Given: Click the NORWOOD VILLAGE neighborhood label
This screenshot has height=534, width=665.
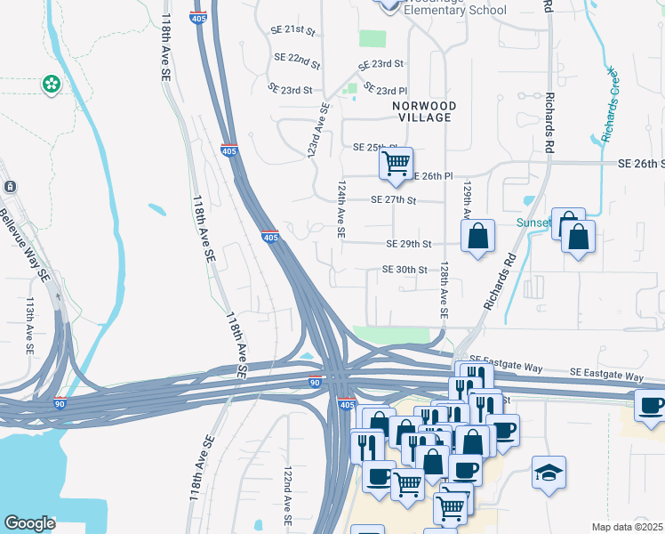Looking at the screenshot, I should pos(425,111).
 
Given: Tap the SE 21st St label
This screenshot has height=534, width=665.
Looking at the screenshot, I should pos(293,30).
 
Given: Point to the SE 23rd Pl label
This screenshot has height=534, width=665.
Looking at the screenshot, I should pos(386,91).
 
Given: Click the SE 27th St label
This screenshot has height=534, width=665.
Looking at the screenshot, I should pos(395,200).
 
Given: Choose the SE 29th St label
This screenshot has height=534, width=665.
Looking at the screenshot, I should pos(409,244).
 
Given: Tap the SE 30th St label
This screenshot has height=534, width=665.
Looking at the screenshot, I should pos(405,269).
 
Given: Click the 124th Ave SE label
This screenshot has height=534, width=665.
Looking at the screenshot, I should pos(341,211).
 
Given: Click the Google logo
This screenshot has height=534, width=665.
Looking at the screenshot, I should pos(29,523).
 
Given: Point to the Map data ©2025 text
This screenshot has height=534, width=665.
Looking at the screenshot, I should pos(628,527).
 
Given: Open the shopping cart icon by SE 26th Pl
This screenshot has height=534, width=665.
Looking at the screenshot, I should pos(396,164).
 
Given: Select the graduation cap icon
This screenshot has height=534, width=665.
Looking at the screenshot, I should pos(549,473).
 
